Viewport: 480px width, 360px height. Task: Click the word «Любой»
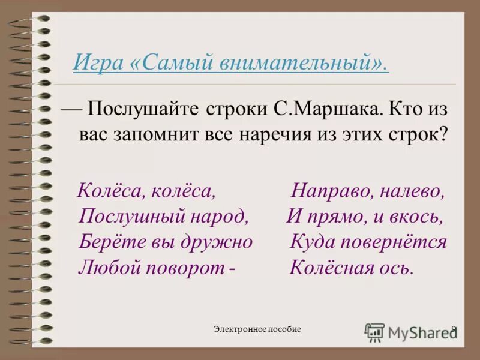pos(106,267)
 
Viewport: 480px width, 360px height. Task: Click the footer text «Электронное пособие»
pos(257,329)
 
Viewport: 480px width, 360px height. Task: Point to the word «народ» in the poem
pos(218,217)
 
